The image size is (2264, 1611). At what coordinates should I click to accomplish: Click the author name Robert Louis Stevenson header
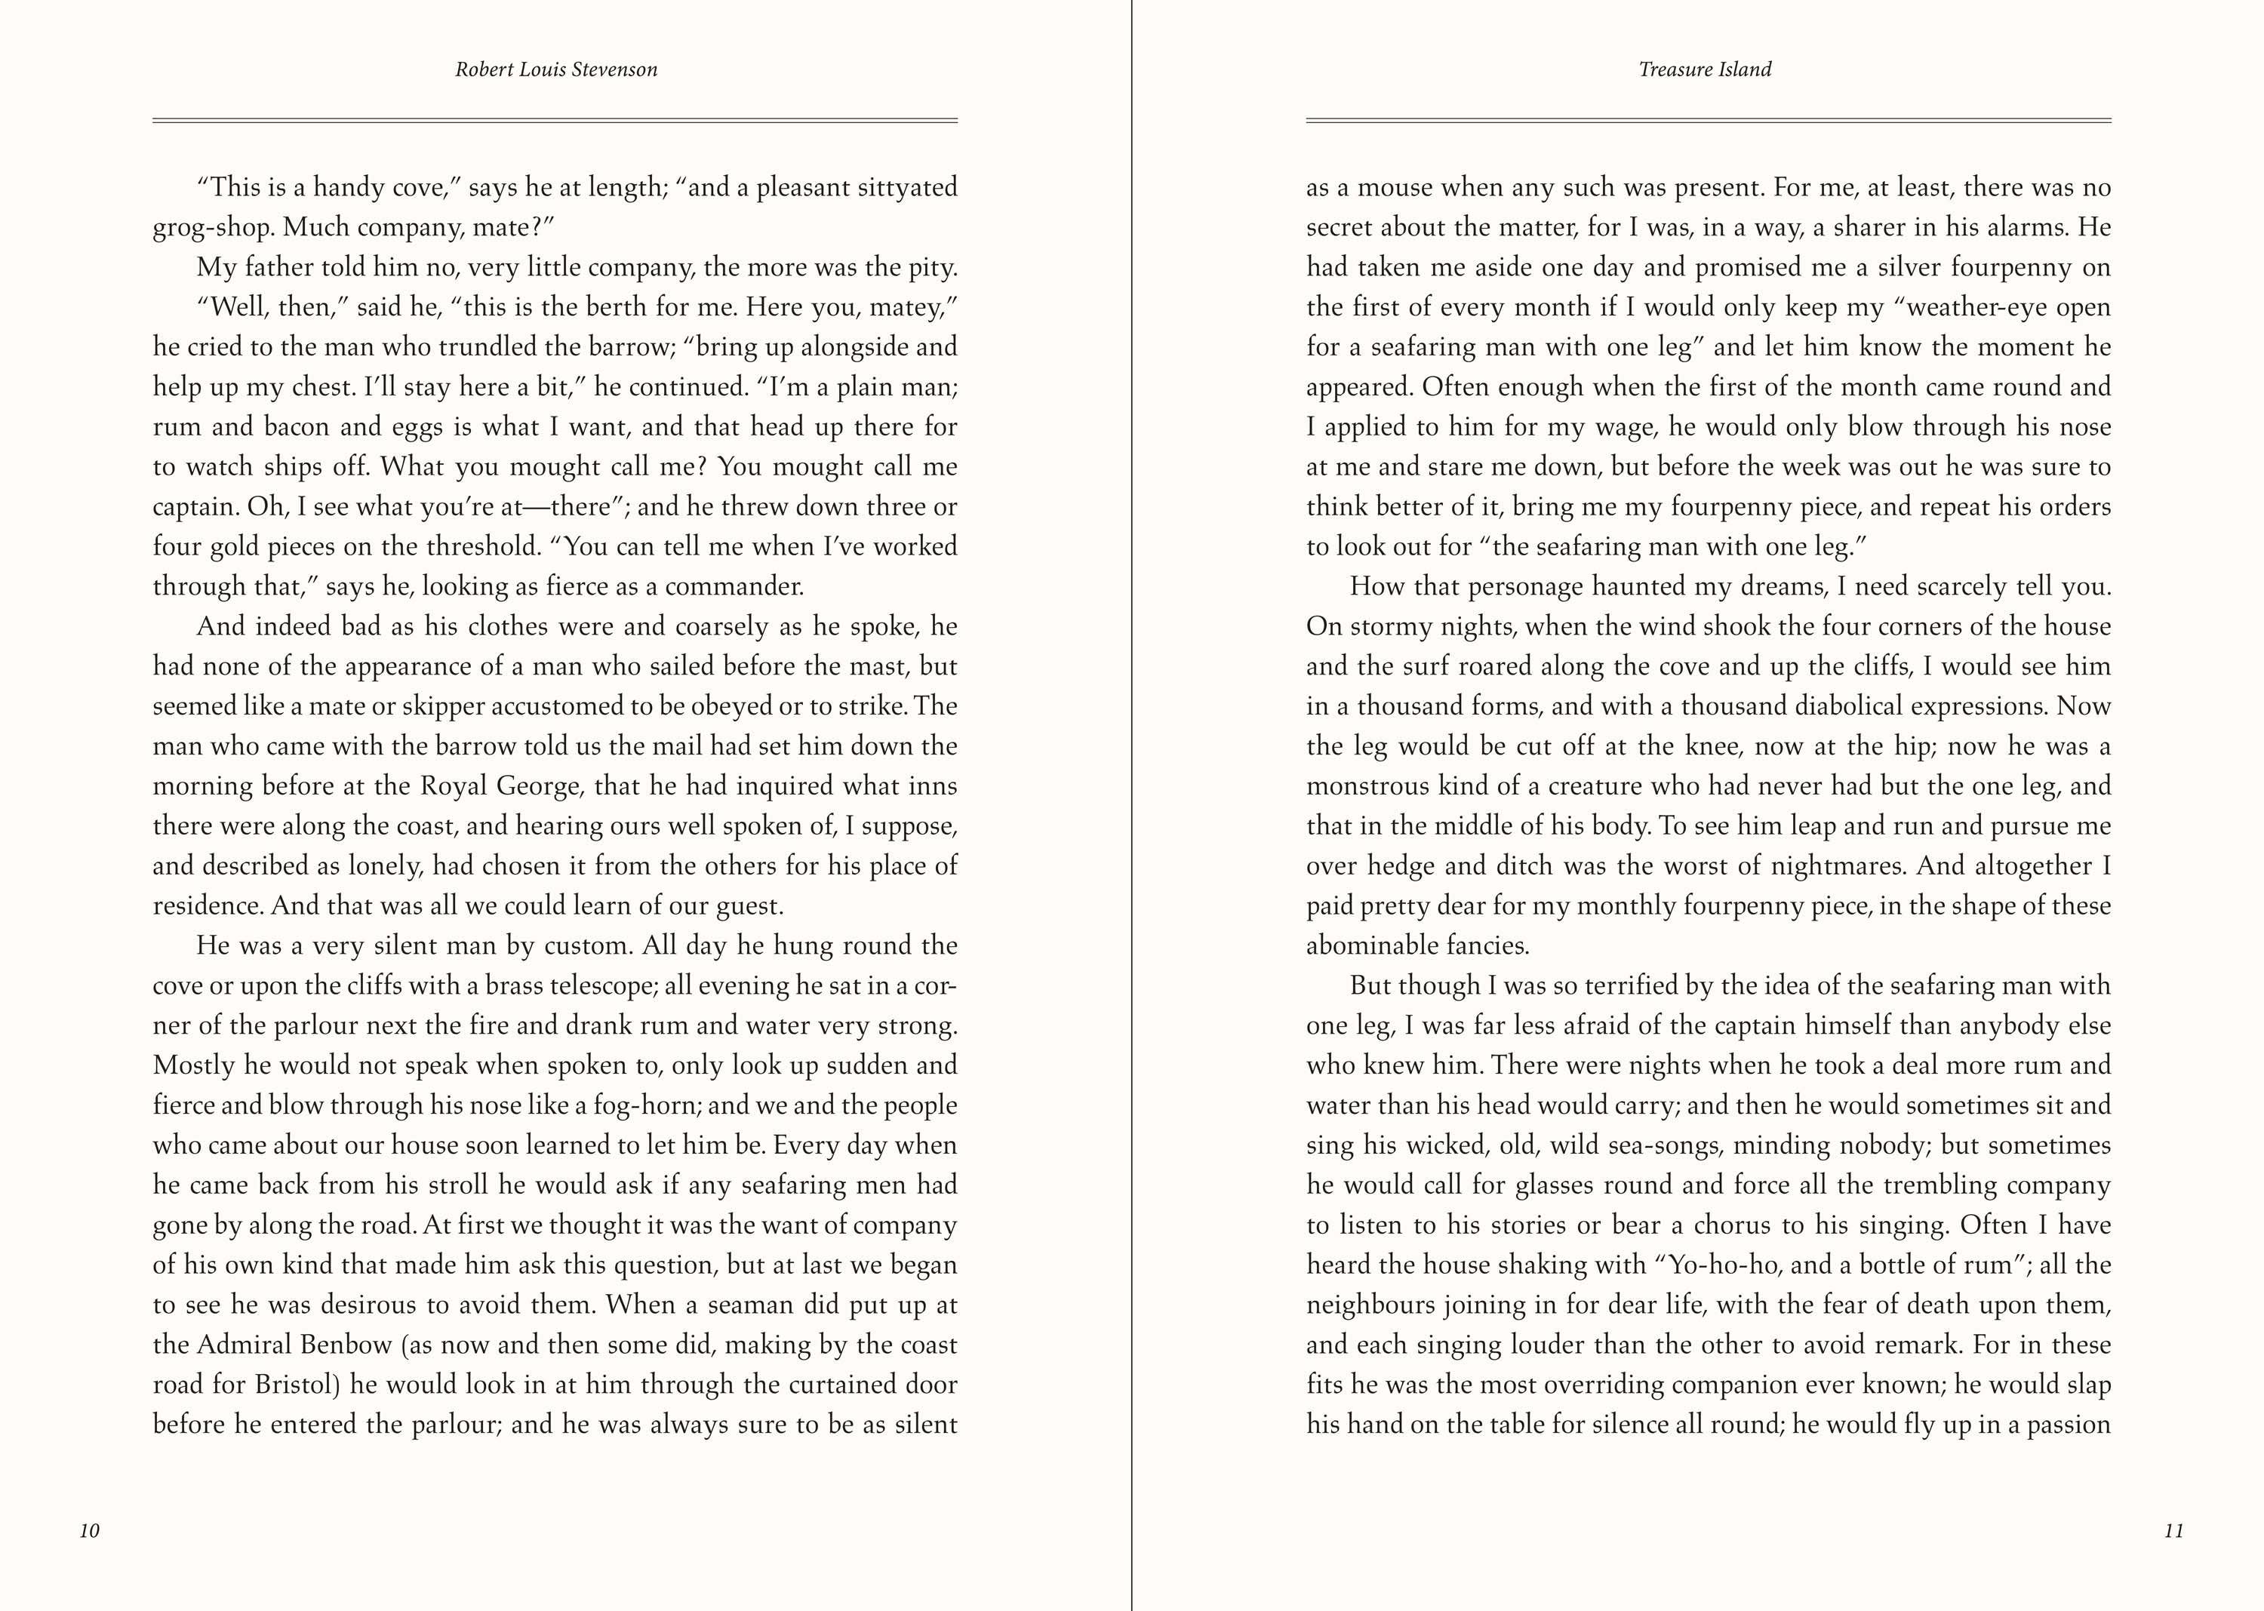pyautogui.click(x=555, y=69)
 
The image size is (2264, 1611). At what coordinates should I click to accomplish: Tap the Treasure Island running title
pyautogui.click(x=1705, y=69)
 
